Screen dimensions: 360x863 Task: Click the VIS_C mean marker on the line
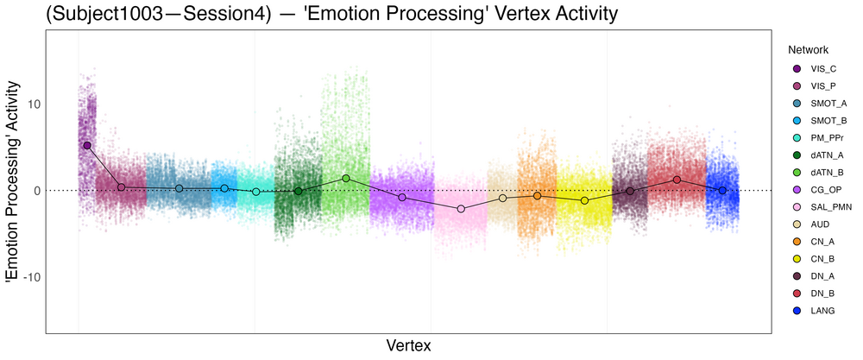click(x=87, y=146)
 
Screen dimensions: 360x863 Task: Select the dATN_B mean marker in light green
click(x=346, y=179)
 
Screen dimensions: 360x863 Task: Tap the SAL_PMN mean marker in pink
click(x=461, y=209)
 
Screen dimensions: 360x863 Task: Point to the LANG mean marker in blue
click(x=722, y=190)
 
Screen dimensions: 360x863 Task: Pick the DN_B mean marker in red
click(x=677, y=180)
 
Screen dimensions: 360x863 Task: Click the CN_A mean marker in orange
click(x=537, y=196)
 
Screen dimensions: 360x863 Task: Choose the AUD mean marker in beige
click(x=503, y=199)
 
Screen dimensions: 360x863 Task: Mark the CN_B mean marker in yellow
click(x=584, y=200)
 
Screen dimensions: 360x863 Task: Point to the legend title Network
click(x=802, y=50)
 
